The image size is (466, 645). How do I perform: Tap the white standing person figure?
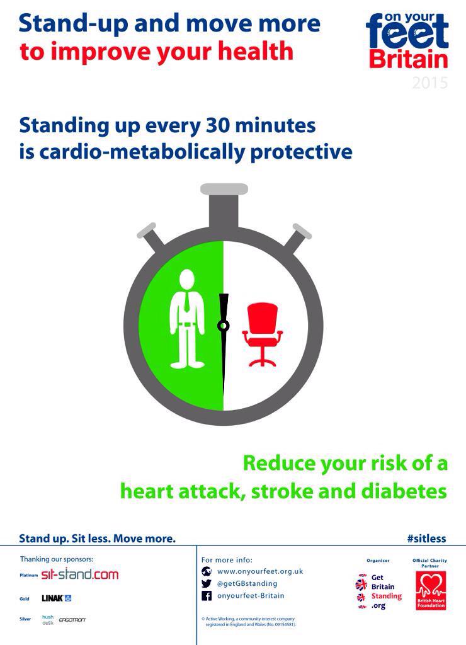point(187,319)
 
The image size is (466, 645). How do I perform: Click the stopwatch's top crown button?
point(224,190)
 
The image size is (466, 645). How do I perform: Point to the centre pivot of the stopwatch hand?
point(223,326)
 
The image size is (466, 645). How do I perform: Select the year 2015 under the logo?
point(430,83)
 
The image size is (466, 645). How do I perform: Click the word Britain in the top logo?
point(409,60)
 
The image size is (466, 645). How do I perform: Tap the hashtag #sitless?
point(426,539)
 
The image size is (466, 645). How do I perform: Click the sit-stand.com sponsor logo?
point(79,574)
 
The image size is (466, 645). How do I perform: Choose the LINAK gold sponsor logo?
point(57,598)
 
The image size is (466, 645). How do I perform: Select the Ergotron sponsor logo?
point(72,620)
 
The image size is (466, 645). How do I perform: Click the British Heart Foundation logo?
point(431,591)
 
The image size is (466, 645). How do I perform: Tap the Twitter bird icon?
point(207,583)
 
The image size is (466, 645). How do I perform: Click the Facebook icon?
point(207,596)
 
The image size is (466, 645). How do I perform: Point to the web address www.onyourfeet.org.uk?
point(260,571)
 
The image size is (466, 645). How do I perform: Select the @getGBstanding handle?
point(247,583)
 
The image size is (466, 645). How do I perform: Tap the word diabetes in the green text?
point(411,491)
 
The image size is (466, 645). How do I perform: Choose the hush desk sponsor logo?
point(48,620)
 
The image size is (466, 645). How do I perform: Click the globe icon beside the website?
point(207,571)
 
